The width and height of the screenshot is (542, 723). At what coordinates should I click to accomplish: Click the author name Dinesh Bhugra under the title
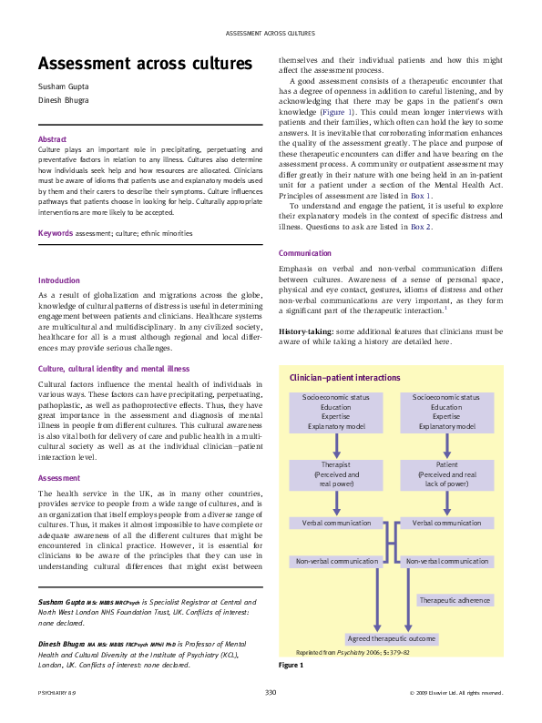(x=64, y=101)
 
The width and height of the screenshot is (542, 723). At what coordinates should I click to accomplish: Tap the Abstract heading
(x=53, y=138)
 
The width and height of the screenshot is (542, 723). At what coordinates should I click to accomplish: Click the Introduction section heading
(x=59, y=280)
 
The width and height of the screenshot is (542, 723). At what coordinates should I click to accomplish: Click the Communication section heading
(x=305, y=253)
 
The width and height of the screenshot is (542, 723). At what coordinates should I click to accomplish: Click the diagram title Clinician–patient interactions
(x=344, y=377)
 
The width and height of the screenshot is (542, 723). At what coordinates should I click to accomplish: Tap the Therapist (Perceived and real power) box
(x=336, y=474)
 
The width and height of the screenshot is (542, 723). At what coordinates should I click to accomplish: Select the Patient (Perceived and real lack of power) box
(x=446, y=474)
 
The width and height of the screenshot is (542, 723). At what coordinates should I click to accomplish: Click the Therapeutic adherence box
(x=455, y=600)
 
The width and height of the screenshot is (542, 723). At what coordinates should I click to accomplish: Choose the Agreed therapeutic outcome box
(x=392, y=638)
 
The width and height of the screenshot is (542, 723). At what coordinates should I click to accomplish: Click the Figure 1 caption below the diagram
(x=291, y=666)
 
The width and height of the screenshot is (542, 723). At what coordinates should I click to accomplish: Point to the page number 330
(x=271, y=693)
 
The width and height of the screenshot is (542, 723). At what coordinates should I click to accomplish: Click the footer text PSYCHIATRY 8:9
(x=50, y=694)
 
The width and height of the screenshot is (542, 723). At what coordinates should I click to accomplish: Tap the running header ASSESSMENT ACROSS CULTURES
(x=271, y=33)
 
